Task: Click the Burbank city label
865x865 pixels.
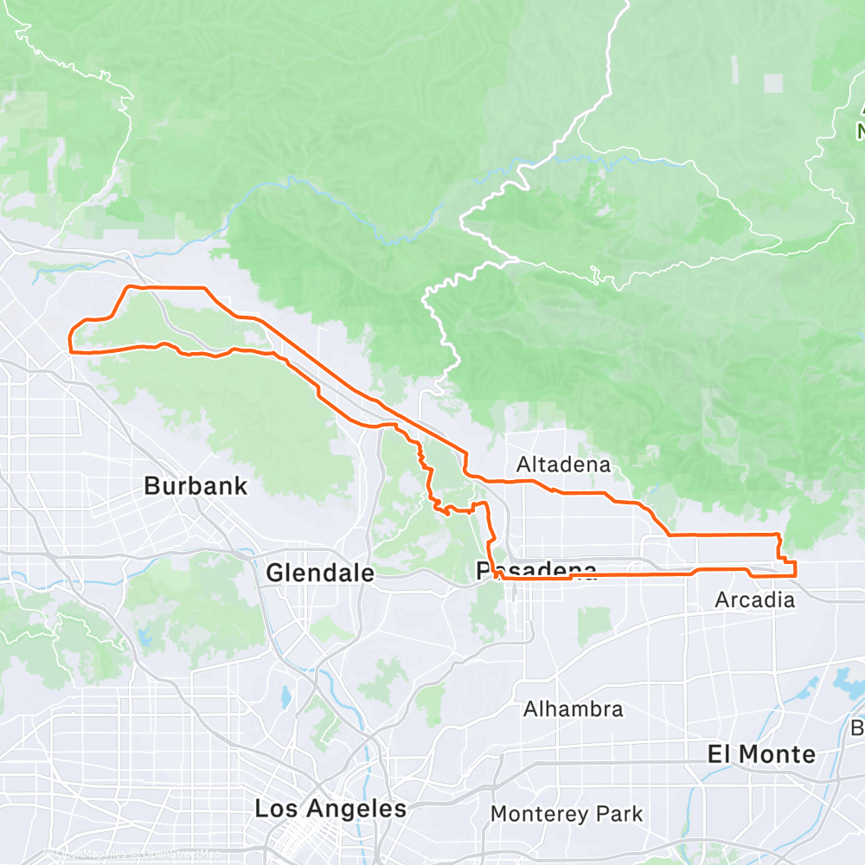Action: coord(195,486)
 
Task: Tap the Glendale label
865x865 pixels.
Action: coord(320,573)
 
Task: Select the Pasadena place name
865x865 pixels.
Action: coord(536,571)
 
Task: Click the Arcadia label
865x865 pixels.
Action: coord(754,599)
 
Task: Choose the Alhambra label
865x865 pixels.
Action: coord(573,709)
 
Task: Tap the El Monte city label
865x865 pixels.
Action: coord(761,754)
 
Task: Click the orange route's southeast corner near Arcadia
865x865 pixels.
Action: coord(795,573)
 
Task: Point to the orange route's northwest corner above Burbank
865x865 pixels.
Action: coord(129,286)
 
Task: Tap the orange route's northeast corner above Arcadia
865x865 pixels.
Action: coord(781,535)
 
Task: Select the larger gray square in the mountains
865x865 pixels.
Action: coord(773,83)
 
